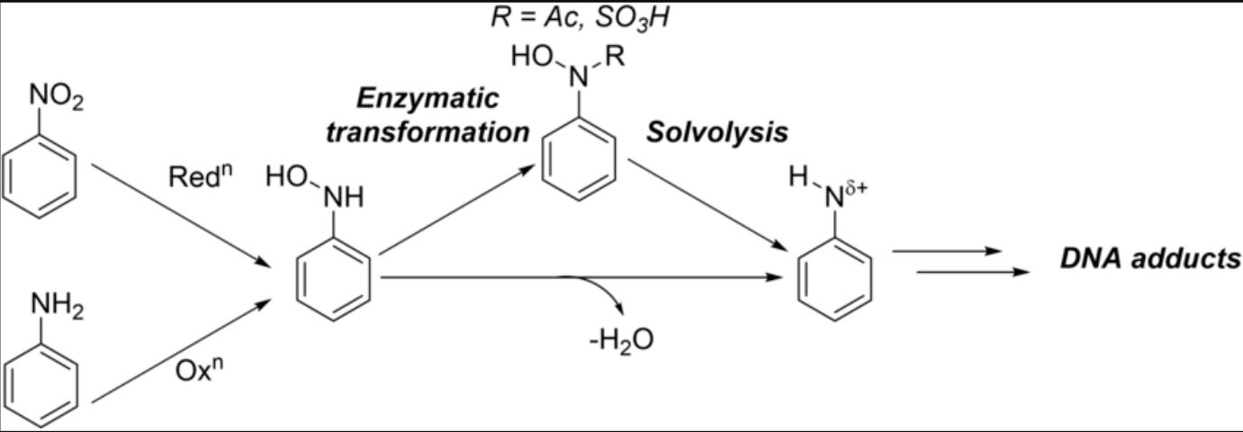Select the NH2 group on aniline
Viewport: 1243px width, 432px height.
[x=58, y=306]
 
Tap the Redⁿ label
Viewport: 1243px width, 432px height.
[x=201, y=175]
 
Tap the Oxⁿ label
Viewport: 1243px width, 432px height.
[x=199, y=369]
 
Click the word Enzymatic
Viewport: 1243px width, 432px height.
[x=428, y=99]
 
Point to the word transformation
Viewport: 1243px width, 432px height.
[x=428, y=132]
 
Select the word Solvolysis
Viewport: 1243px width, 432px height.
[x=717, y=133]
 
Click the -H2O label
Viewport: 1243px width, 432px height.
[x=621, y=339]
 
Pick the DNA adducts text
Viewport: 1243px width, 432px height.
[x=1149, y=258]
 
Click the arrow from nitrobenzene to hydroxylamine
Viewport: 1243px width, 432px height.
[x=180, y=215]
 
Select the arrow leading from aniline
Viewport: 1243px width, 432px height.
[x=181, y=351]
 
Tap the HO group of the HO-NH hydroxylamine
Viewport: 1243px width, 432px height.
[x=286, y=177]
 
